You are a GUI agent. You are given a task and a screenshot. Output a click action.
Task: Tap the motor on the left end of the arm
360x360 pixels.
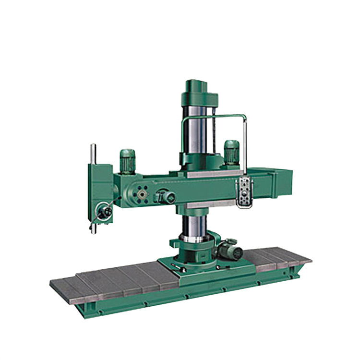pos(127,161)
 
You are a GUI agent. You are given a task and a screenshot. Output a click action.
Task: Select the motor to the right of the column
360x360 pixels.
pos(231,152)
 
